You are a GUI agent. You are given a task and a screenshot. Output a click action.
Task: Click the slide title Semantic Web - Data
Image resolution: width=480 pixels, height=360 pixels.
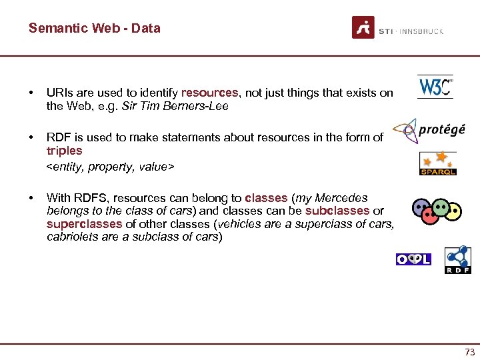pos(94,28)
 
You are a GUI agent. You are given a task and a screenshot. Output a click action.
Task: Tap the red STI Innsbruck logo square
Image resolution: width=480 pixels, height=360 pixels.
pos(363,27)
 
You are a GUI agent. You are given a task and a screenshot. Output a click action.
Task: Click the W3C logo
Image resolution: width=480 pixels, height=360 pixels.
pos(435,87)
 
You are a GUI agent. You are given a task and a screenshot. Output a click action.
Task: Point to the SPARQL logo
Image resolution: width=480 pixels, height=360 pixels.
pos(437,163)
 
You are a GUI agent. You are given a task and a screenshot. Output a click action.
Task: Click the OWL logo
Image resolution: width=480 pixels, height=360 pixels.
pos(413,259)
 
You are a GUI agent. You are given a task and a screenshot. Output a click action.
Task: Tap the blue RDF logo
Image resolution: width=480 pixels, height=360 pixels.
pos(458,260)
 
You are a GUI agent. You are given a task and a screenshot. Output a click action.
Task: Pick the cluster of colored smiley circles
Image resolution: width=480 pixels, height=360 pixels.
pos(436,210)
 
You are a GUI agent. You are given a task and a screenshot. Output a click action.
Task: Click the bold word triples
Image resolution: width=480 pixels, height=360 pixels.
pos(65,151)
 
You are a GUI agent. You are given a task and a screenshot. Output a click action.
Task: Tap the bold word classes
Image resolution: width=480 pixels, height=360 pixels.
pos(266,198)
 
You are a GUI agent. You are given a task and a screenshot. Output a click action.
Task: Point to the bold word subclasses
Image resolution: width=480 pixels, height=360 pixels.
pos(337,211)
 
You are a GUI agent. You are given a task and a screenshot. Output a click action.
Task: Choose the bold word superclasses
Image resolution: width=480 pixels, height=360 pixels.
pos(85,224)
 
